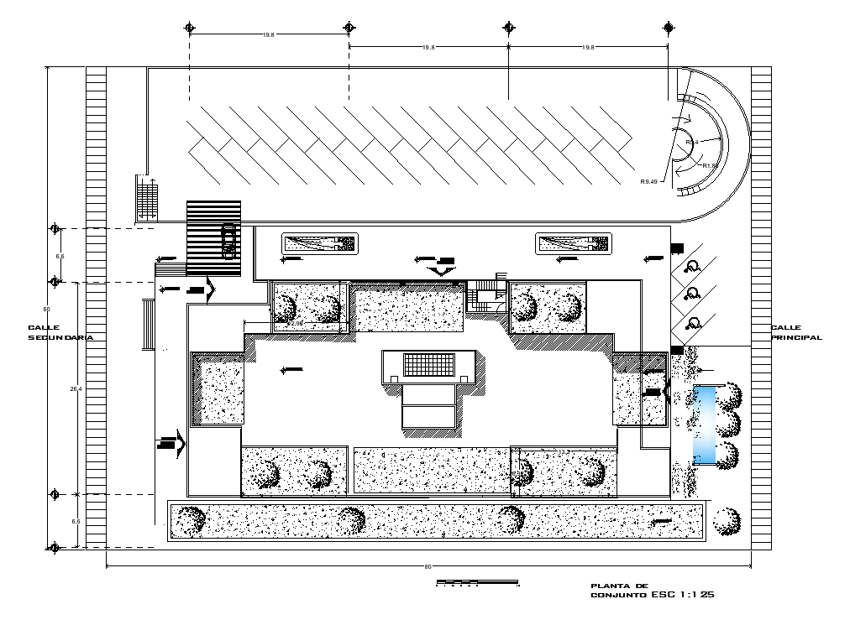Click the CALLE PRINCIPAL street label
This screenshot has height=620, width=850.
tap(796, 333)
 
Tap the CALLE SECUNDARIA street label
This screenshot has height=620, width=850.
tap(59, 332)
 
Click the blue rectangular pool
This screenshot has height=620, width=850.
tap(704, 425)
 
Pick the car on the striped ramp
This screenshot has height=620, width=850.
tap(228, 240)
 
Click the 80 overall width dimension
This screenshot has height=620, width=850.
tap(428, 568)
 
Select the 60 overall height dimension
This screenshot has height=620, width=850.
tap(47, 309)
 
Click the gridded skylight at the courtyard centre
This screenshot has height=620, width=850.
tap(428, 365)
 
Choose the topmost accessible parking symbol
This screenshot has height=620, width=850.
tap(693, 267)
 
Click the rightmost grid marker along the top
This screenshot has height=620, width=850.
tap(669, 28)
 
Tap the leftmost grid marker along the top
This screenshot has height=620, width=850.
tap(190, 28)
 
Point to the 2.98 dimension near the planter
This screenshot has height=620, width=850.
tap(296, 323)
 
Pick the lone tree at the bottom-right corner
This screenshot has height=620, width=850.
tap(727, 521)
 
